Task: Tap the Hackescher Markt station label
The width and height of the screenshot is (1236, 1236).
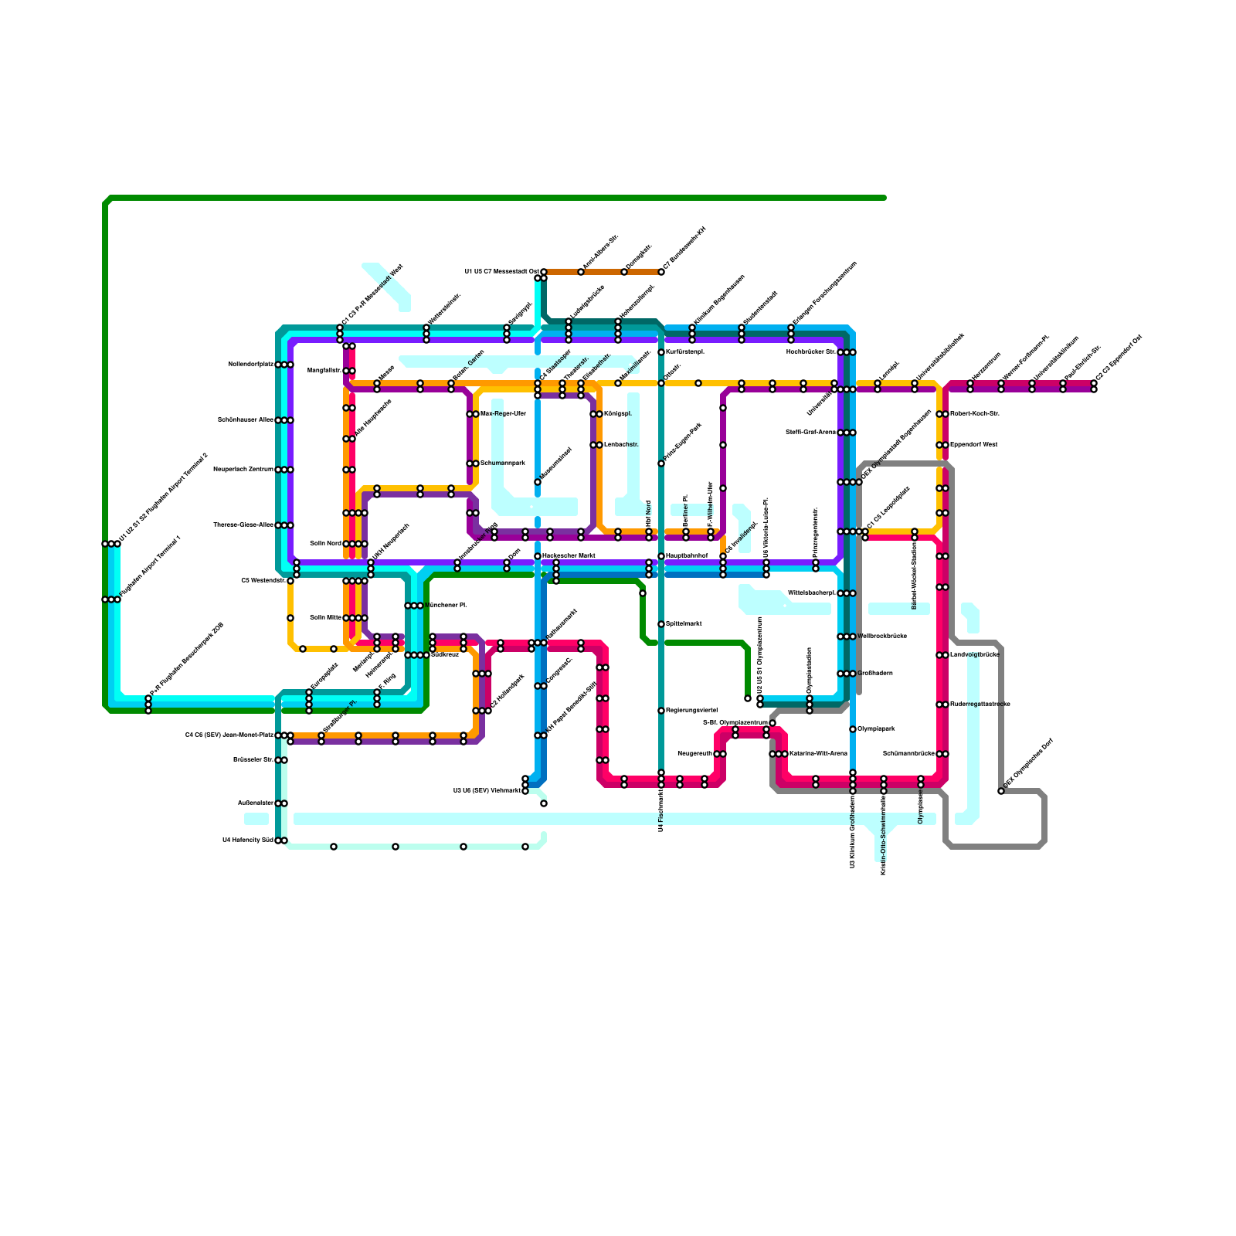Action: [x=569, y=556]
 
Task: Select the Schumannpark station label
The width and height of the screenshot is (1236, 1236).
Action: [x=503, y=463]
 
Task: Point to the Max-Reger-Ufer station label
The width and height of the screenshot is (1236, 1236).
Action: [x=503, y=414]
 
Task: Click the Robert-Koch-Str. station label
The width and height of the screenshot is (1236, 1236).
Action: [x=975, y=414]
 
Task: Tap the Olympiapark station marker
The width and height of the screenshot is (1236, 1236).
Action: [x=853, y=729]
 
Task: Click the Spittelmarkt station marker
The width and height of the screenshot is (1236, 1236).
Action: [x=661, y=624]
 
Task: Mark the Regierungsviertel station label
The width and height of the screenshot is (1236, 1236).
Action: [x=691, y=711]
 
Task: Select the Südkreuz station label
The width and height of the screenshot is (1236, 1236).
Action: [x=444, y=655]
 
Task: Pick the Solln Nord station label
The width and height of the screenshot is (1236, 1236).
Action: [x=325, y=544]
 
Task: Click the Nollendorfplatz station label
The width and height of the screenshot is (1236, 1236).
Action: [x=251, y=365]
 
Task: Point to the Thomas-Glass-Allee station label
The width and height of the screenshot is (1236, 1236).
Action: [x=243, y=525]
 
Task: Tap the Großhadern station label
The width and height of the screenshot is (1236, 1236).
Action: [x=875, y=674]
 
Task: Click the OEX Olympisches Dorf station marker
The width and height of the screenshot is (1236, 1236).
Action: [x=1001, y=791]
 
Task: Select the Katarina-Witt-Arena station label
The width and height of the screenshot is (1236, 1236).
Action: [x=818, y=754]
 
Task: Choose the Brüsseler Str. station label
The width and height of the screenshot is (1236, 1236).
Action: [x=253, y=760]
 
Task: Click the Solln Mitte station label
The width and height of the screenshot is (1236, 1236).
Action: [x=325, y=618]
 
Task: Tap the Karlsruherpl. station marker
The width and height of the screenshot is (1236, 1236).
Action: [x=661, y=352]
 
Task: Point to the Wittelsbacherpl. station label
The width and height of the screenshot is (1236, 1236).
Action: [x=811, y=593]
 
